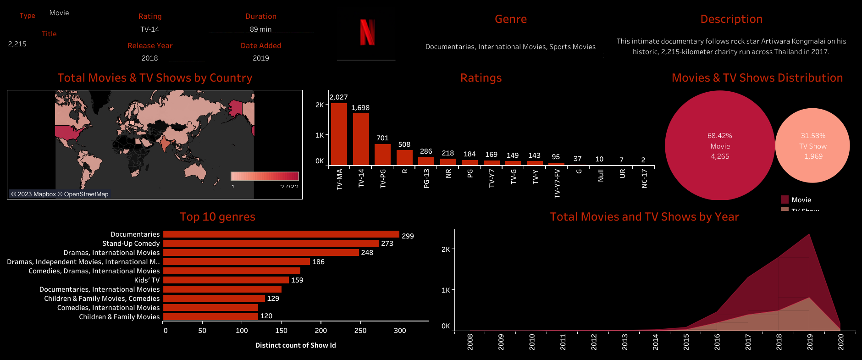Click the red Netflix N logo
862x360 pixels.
pos(367,32)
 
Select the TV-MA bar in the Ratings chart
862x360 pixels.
pos(339,134)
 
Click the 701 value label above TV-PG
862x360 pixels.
pos(382,138)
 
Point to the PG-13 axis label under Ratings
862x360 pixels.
pos(426,178)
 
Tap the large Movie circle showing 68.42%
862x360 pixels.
pos(720,146)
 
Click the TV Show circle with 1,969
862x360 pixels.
pos(812,146)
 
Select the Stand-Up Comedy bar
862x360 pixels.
pos(271,244)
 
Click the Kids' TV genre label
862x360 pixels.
pos(147,280)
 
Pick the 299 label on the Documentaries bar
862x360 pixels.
pos(408,236)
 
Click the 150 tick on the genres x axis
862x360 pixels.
pos(281,331)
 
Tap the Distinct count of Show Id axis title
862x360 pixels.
pos(295,345)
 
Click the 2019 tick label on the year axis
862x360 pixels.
pos(810,342)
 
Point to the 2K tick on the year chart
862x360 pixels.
pos(445,249)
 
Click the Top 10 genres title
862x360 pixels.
pos(217,217)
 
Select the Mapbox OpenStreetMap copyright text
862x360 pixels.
pos(60,194)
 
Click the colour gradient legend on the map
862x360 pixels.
pos(265,176)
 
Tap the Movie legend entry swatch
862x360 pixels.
pos(785,199)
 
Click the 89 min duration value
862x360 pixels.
pos(260,29)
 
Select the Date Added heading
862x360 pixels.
pos(260,46)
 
